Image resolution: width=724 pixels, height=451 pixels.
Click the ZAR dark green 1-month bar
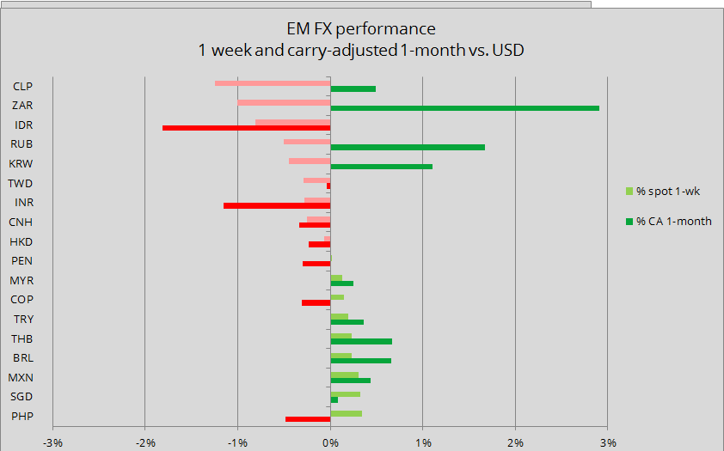(x=464, y=108)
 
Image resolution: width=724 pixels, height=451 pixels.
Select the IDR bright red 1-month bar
(x=246, y=128)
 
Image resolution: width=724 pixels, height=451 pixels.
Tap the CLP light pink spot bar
(x=273, y=83)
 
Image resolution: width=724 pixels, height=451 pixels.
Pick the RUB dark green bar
(x=408, y=147)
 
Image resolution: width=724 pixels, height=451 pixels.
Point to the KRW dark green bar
(x=381, y=167)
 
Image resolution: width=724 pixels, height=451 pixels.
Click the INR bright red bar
(x=277, y=206)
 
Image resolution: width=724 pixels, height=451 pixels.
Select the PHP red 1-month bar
(x=308, y=419)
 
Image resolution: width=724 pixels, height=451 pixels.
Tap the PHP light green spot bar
(x=346, y=413)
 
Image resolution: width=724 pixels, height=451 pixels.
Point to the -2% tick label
(x=145, y=442)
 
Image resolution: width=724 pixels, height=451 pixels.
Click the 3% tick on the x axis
(x=607, y=442)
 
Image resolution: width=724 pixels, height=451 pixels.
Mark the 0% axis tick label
(x=330, y=442)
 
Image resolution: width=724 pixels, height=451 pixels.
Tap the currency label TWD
(x=21, y=183)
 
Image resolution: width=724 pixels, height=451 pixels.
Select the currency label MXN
(x=21, y=377)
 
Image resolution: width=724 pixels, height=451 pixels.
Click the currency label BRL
(x=22, y=357)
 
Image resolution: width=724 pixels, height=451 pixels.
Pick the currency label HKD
(x=21, y=241)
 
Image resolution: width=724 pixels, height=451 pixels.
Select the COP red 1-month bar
(x=316, y=302)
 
